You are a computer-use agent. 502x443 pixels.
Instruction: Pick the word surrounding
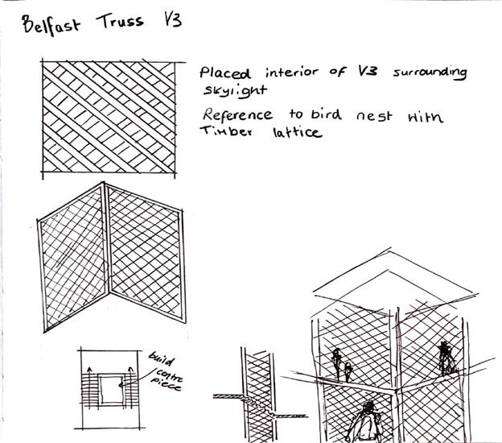tap(430, 74)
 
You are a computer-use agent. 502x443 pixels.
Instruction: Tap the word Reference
tap(240, 114)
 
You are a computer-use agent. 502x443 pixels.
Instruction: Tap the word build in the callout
tap(161, 357)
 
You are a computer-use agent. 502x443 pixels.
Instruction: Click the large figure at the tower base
tap(368, 420)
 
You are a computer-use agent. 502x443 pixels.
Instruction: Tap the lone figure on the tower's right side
tap(445, 356)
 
